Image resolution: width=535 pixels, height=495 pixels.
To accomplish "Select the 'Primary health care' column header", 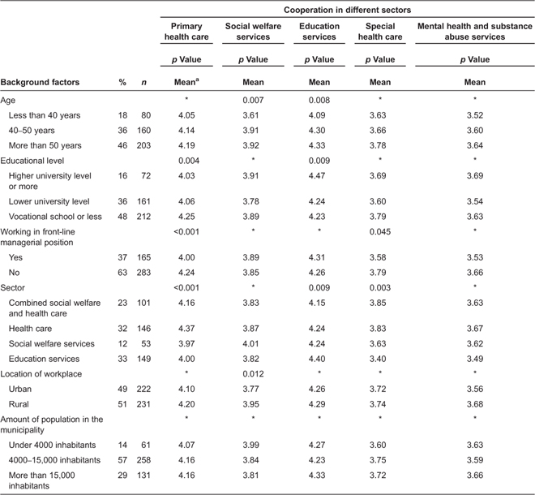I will point(186,32).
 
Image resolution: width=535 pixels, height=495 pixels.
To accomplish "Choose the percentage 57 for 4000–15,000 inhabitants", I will point(122,458).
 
